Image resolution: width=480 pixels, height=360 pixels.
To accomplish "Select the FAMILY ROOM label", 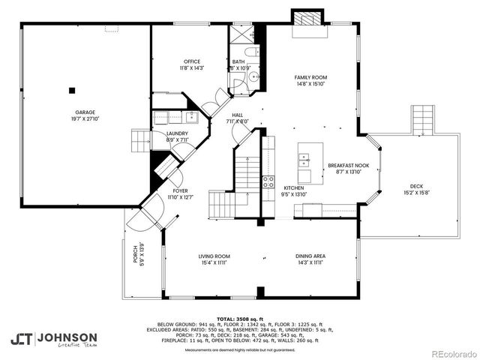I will click(x=310, y=77).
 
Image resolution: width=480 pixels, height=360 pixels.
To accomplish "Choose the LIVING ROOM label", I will click(x=214, y=256).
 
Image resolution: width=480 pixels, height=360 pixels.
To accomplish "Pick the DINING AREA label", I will click(x=310, y=256).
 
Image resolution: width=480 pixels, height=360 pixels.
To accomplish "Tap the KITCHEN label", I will click(x=292, y=188).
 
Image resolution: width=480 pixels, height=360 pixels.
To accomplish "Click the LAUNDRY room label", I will click(x=177, y=133).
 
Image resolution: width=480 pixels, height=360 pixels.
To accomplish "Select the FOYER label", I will click(x=180, y=190).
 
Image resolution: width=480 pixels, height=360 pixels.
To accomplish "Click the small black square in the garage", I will click(x=72, y=90).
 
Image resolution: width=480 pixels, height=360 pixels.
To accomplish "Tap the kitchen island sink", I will click(x=304, y=159).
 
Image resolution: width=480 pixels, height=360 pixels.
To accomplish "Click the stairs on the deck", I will click(x=422, y=118).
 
